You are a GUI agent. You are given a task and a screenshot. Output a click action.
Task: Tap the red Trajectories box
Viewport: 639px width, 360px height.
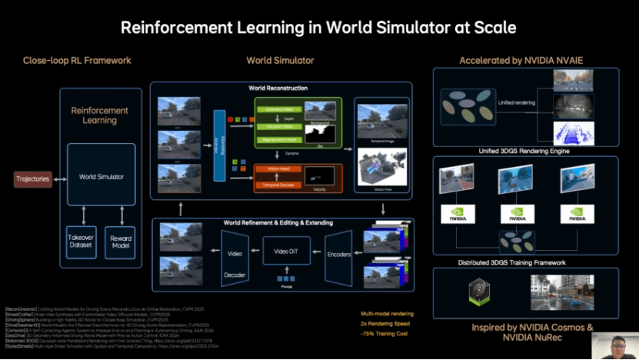pos(32,179)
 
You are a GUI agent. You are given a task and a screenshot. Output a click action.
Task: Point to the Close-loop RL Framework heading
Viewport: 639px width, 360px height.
pos(77,60)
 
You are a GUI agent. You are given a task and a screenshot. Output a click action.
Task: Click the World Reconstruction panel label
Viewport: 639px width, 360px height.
pos(279,88)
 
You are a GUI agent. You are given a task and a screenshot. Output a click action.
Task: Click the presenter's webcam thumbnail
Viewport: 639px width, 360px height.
pos(614,345)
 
